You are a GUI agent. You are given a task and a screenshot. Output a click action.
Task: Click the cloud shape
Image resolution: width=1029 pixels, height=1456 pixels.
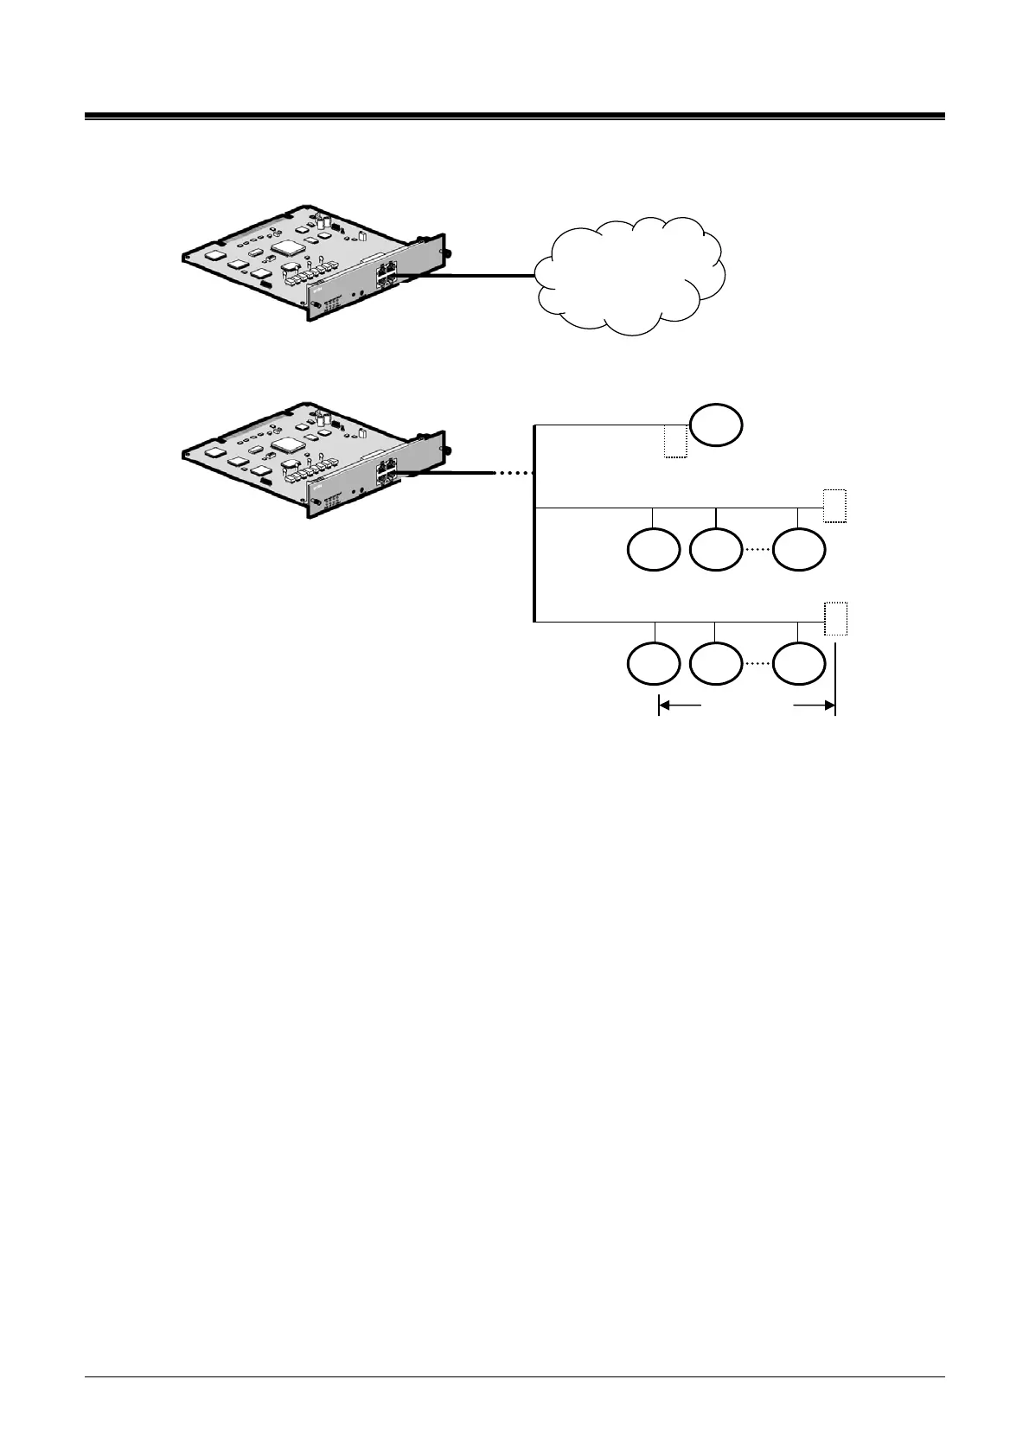(630, 275)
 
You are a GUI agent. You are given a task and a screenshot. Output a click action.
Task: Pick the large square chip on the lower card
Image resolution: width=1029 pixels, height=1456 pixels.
(285, 446)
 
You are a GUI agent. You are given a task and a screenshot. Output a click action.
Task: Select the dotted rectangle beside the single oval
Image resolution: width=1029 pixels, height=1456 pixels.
(675, 441)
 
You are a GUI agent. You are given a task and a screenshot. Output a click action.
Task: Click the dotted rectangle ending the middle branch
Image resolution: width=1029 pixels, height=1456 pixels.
(834, 506)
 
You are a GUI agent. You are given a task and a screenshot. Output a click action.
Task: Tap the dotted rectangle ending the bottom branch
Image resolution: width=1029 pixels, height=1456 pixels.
(835, 618)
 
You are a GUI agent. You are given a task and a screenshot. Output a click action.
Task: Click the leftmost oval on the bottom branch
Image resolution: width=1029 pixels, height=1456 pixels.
(653, 664)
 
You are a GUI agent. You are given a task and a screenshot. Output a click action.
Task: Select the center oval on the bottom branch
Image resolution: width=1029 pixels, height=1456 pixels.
(717, 664)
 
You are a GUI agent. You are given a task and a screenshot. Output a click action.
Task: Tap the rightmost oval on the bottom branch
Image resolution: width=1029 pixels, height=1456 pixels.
(799, 664)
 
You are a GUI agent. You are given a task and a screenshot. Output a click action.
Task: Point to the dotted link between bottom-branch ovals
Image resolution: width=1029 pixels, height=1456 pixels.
(757, 664)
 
